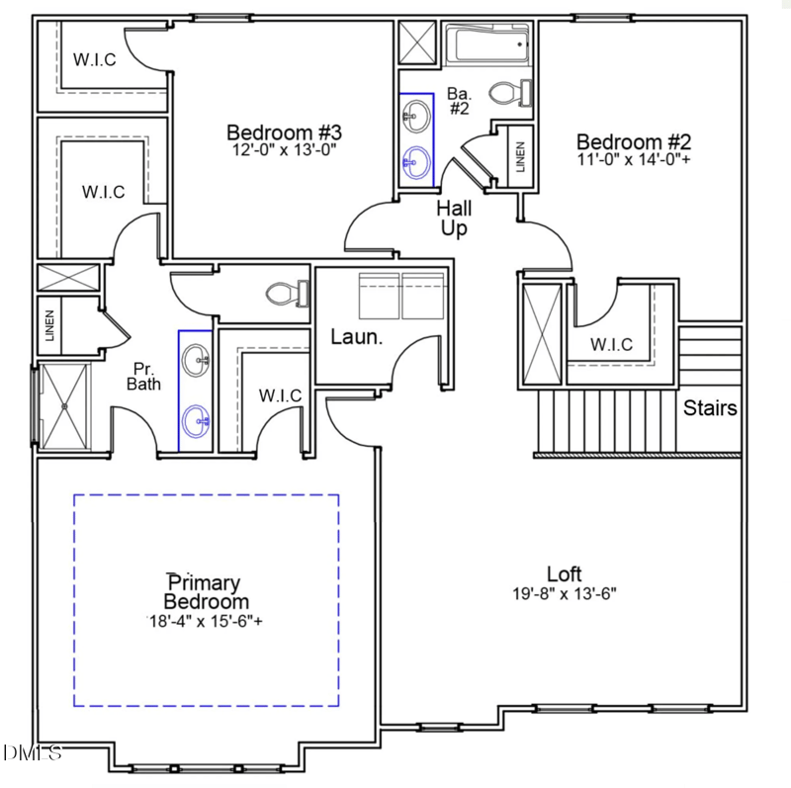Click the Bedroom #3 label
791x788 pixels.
284,131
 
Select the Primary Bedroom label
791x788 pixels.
206,592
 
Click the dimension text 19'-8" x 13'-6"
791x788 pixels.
565,594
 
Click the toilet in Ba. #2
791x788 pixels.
512,93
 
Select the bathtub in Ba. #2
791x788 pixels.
488,45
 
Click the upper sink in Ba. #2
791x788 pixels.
415,116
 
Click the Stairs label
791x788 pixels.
710,407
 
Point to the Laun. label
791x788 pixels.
356,337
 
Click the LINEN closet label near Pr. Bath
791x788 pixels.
49,326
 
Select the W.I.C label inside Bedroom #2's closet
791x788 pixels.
611,345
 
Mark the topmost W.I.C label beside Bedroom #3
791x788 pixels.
95,59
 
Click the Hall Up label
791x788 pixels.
455,219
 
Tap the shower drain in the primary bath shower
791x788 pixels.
65,403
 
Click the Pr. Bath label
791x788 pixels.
144,376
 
